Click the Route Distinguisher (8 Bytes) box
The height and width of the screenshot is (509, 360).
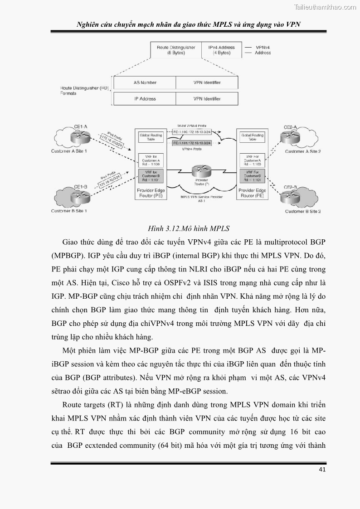pyautogui.click(x=176, y=50)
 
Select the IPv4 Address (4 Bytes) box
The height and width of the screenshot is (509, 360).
pyautogui.click(x=221, y=50)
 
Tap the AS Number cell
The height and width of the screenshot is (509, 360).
pyautogui.click(x=145, y=82)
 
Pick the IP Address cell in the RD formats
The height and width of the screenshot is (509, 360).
pyautogui.click(x=145, y=99)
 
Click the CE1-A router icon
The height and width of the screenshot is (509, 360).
pyautogui.click(x=80, y=135)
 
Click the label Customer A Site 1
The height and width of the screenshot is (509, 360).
pyautogui.click(x=69, y=151)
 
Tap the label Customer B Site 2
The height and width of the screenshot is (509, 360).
pyautogui.click(x=302, y=211)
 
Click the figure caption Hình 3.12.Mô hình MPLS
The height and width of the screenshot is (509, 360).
pyautogui.click(x=189, y=228)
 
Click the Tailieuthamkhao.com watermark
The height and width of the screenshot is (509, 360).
pyautogui.click(x=325, y=7)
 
